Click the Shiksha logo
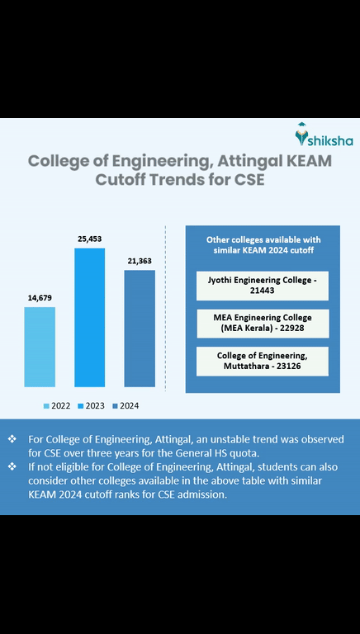320,135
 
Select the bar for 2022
40,347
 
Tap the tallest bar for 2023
90,317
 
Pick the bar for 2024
140,329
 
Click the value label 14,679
40,296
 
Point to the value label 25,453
90,238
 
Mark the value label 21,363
140,260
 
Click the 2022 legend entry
57,405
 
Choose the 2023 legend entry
90,405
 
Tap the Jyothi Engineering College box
262,286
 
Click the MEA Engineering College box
262,323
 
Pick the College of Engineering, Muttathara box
262,361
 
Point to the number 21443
262,293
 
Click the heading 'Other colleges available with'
262,239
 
